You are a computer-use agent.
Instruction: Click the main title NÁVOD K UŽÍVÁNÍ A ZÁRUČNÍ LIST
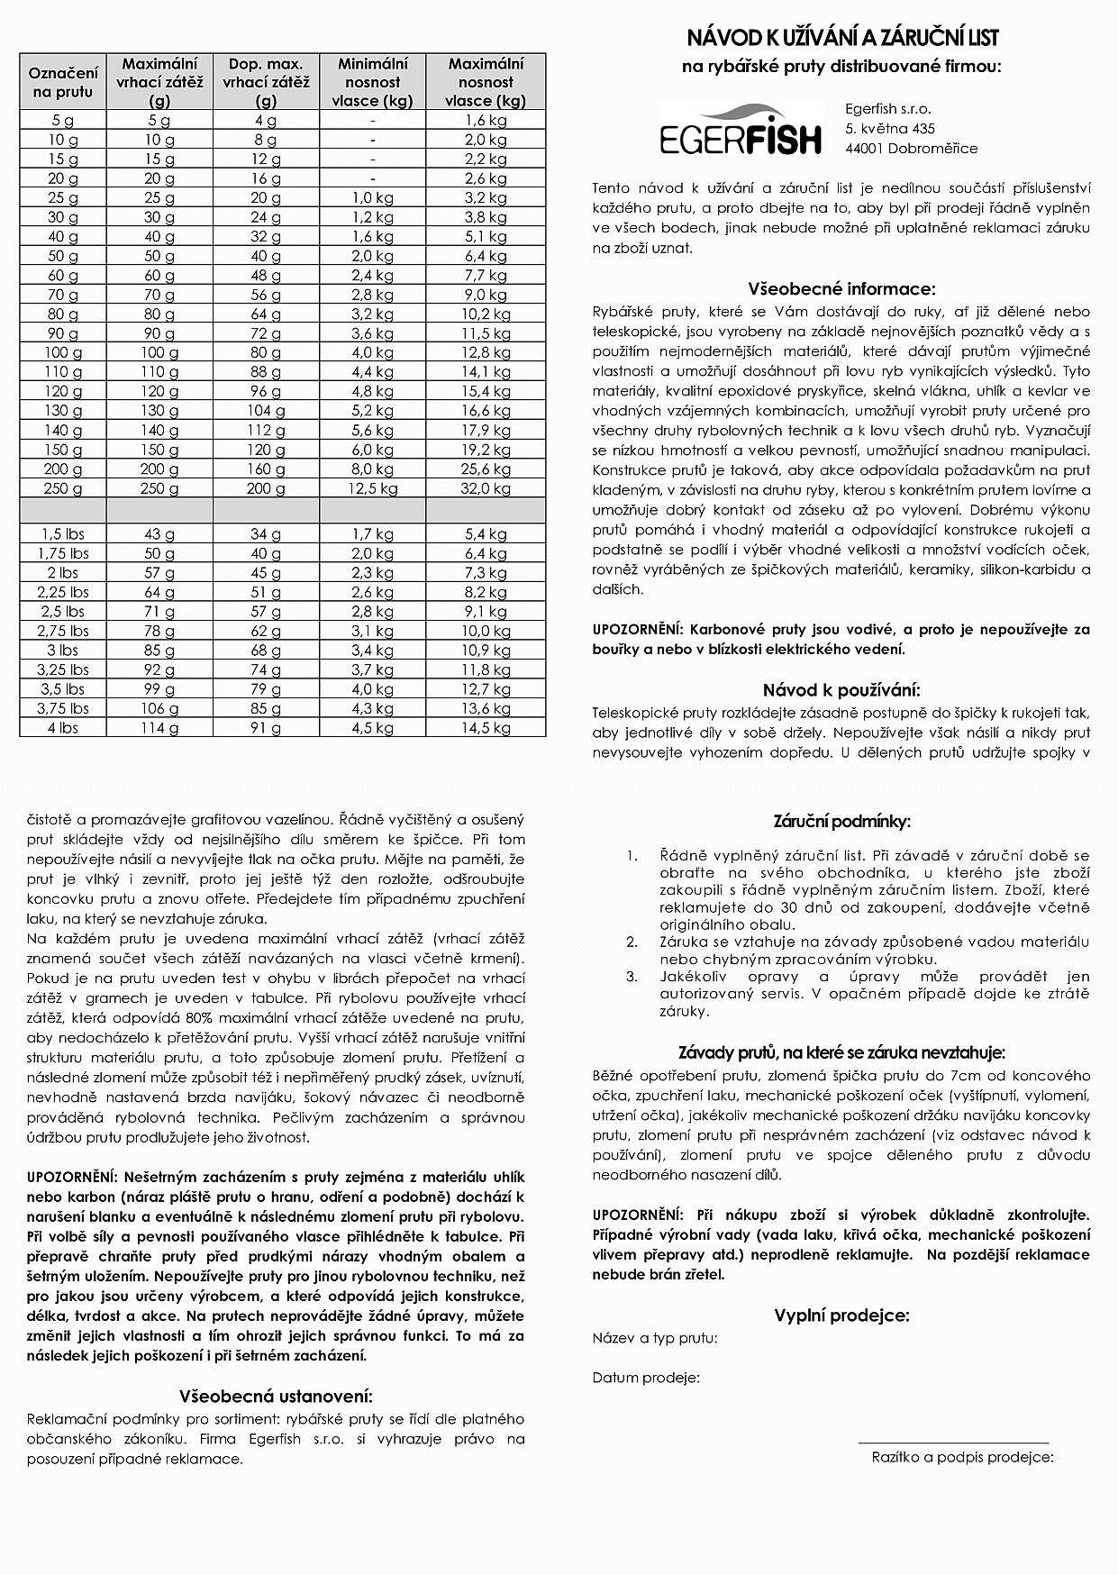coord(842,38)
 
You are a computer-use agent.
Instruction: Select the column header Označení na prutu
coord(63,82)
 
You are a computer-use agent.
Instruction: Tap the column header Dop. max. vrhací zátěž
coord(266,82)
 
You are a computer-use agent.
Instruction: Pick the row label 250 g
coord(63,488)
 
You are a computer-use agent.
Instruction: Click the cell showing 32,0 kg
coord(486,488)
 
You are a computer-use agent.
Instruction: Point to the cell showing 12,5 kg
coord(372,488)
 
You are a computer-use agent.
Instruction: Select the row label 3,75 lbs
coord(63,708)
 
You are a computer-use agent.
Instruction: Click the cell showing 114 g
coord(159,728)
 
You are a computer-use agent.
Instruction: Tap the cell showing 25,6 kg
coord(486,469)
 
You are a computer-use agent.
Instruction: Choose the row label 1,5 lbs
coord(63,534)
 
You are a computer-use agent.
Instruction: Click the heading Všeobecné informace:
coord(841,289)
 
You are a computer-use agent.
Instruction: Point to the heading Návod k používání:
coord(841,691)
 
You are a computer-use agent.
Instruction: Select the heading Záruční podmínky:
coord(841,822)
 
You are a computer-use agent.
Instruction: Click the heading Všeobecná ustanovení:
coord(276,1397)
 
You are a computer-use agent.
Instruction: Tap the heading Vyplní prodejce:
coord(841,1316)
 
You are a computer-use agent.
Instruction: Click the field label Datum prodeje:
coord(646,1378)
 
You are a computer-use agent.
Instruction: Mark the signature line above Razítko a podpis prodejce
coord(953,1443)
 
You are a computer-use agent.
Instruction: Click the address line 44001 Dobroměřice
coord(911,149)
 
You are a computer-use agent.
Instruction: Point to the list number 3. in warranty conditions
coord(632,977)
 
